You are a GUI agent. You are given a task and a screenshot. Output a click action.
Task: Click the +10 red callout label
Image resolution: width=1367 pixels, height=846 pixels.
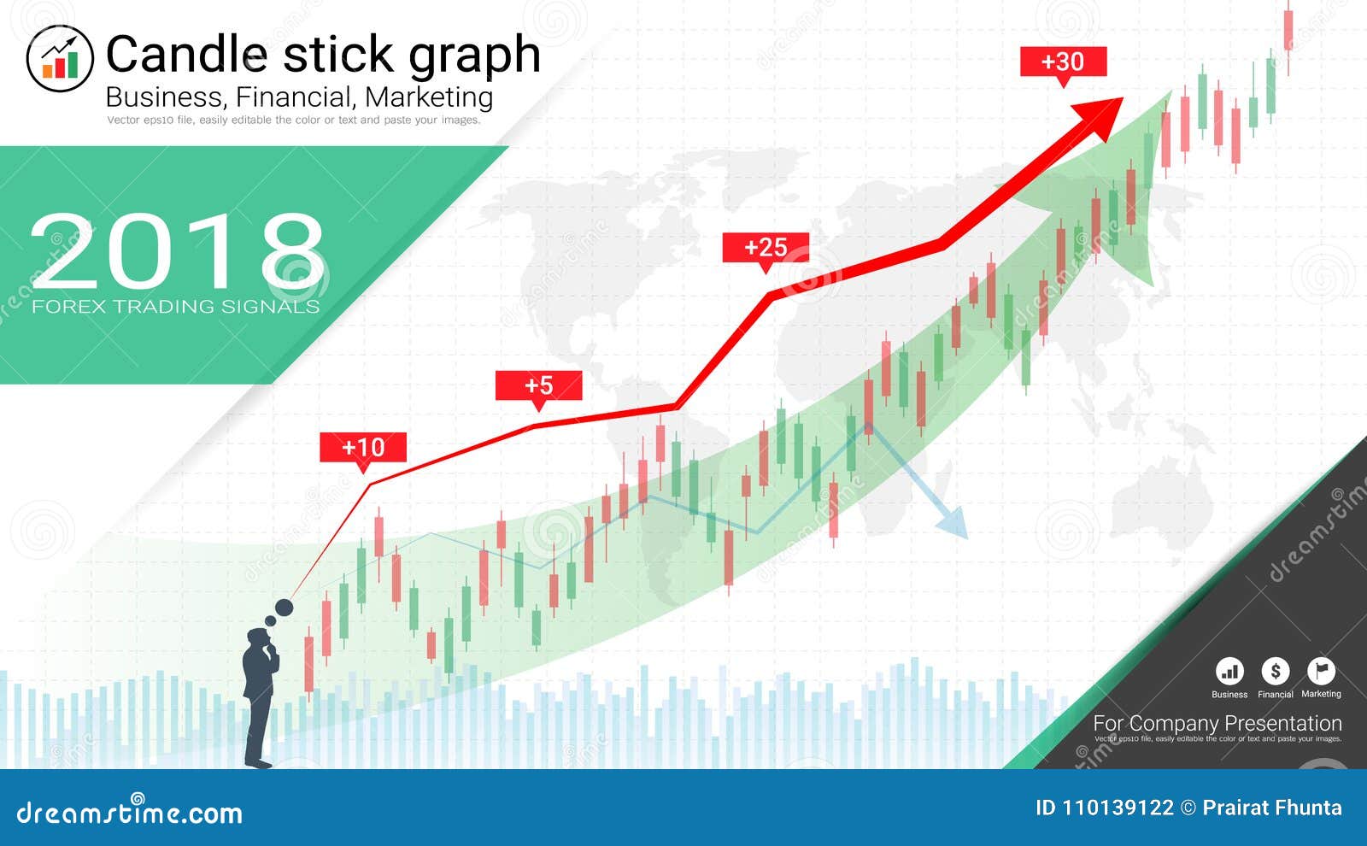click(x=363, y=447)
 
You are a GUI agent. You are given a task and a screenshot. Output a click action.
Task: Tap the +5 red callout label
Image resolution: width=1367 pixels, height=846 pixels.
click(x=538, y=385)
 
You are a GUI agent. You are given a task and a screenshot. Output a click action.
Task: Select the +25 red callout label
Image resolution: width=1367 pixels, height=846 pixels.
click(x=766, y=248)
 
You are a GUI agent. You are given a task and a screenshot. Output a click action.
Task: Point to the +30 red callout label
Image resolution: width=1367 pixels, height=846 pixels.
click(x=1063, y=62)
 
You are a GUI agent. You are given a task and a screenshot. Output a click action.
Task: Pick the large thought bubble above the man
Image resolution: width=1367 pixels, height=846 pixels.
click(x=284, y=608)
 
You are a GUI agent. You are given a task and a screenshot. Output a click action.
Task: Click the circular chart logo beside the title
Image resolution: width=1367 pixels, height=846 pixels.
click(x=60, y=58)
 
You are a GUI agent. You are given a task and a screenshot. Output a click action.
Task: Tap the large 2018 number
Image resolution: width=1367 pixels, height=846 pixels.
click(x=177, y=251)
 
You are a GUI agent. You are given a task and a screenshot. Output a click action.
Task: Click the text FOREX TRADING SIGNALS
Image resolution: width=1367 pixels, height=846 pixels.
click(x=175, y=306)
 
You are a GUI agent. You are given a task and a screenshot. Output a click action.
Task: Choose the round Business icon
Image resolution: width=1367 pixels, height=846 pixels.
click(x=1229, y=672)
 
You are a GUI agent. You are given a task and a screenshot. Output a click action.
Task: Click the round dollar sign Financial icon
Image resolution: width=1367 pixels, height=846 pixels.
click(x=1276, y=672)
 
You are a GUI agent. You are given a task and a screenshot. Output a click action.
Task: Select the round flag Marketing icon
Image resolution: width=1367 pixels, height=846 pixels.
click(x=1321, y=672)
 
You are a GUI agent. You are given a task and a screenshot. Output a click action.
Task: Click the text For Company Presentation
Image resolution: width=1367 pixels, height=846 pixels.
click(x=1217, y=723)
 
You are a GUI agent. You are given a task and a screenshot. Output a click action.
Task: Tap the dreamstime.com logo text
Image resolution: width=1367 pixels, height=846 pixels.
click(x=130, y=812)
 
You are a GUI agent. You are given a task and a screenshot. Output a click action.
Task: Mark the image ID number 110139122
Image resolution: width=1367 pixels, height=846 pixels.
click(x=1118, y=808)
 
